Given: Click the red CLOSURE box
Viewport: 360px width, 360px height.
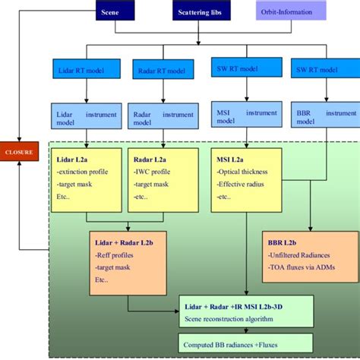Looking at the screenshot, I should coord(19,152).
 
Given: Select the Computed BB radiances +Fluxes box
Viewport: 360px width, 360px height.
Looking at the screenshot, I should coord(229,342).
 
